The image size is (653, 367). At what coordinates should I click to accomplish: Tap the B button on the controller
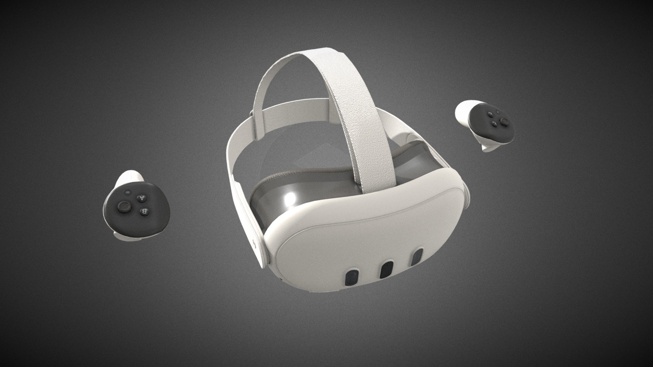click(x=144, y=211)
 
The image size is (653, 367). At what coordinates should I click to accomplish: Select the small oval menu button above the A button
click(x=128, y=192)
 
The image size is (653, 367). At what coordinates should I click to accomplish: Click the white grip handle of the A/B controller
click(x=130, y=177)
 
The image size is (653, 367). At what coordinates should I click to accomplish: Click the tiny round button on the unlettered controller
click(x=497, y=112)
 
